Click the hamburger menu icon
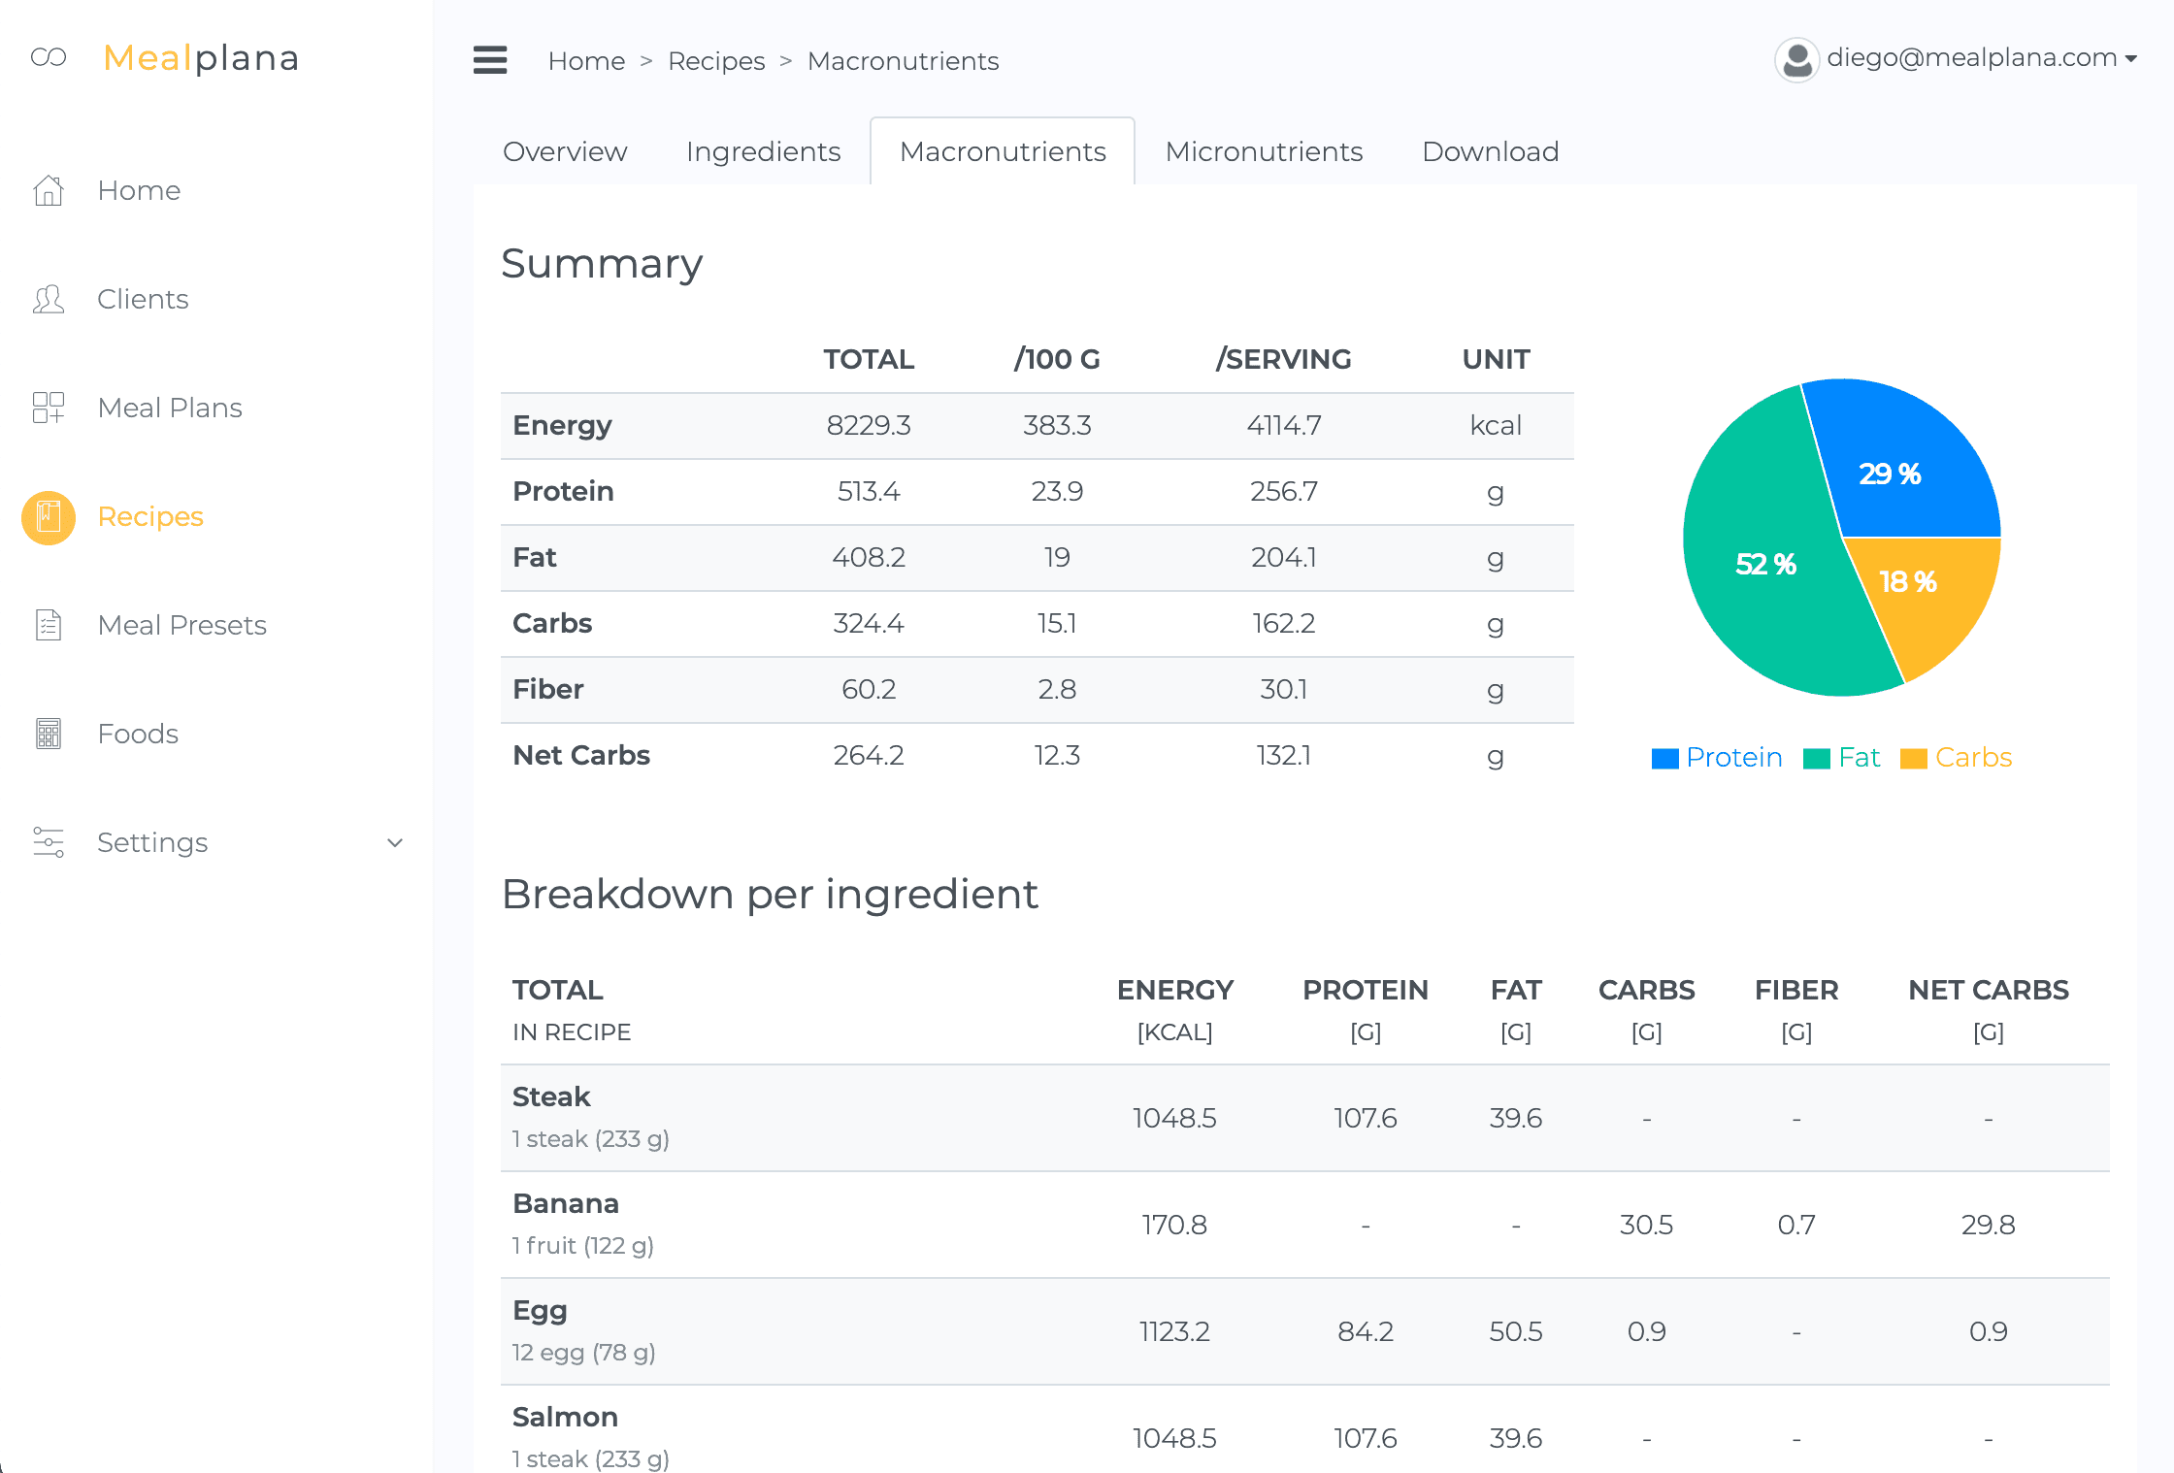490,60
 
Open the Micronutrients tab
1264,151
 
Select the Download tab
1490,151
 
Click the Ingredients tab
763,151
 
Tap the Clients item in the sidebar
143,299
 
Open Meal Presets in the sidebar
181,625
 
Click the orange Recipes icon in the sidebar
49,517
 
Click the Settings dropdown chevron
395,842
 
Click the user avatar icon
1796,60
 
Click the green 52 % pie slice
1757,573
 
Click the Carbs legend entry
1957,758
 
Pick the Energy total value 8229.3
869,426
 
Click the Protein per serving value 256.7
1283,492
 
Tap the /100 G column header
1057,360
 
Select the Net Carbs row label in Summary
581,756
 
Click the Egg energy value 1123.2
1174,1332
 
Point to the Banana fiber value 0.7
1795,1226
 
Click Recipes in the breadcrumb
716,61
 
